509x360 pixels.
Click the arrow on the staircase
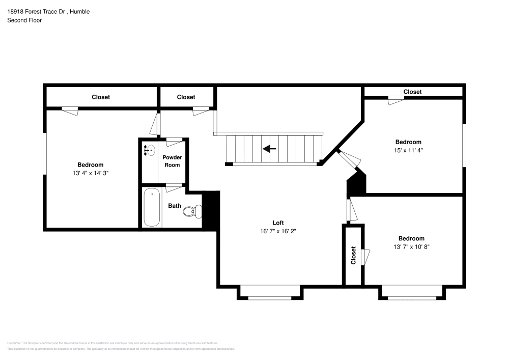(269, 149)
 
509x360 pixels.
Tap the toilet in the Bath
(190, 211)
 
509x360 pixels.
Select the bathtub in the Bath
(152, 208)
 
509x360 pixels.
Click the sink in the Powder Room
(150, 150)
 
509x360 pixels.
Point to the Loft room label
(277, 223)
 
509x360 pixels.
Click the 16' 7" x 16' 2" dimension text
(277, 231)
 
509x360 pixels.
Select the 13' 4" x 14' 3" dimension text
(91, 173)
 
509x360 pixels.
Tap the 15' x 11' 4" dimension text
(408, 150)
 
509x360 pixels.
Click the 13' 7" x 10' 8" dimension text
(411, 247)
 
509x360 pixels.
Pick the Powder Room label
(172, 161)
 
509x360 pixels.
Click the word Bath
(175, 206)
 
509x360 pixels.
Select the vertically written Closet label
(353, 256)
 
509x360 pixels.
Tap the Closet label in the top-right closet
(412, 92)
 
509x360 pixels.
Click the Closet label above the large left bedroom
(101, 97)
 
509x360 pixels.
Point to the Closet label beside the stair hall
(186, 97)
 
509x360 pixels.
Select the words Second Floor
(24, 20)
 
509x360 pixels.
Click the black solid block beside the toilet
(211, 210)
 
